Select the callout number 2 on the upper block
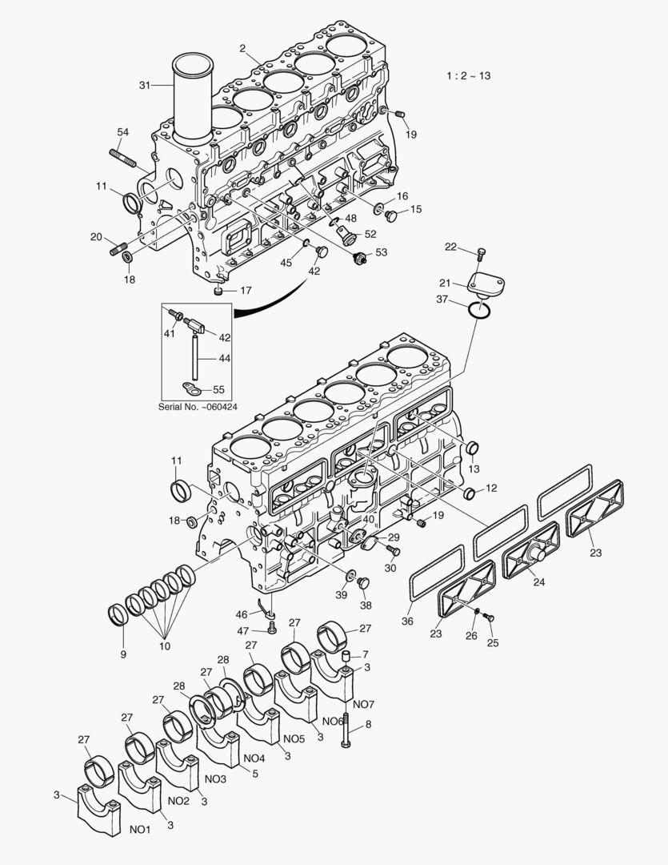tap(242, 48)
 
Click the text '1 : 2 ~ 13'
tap(468, 76)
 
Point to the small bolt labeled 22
tap(481, 255)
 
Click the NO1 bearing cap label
tap(140, 830)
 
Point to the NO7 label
tap(363, 704)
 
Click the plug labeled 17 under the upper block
tap(218, 291)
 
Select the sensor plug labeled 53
tap(361, 257)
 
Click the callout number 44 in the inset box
tap(225, 358)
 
